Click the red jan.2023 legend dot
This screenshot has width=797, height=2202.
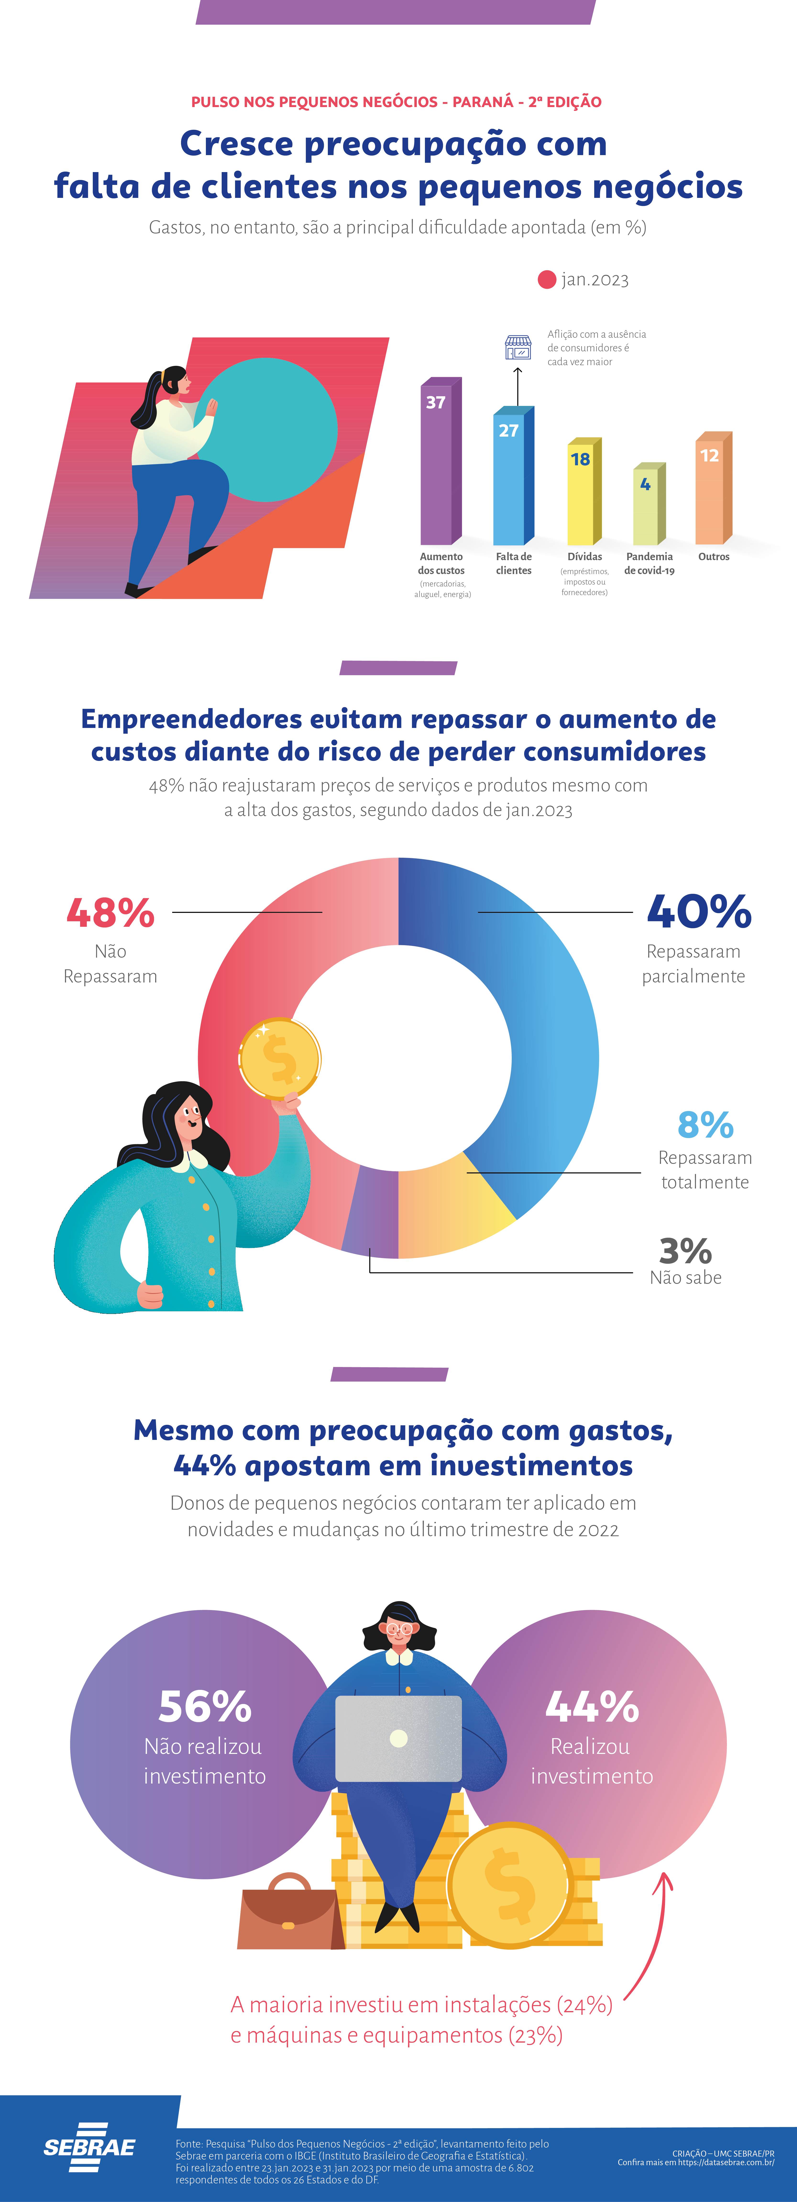[546, 280]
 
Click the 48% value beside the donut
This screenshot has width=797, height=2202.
[110, 913]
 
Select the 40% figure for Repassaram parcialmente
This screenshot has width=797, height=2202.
[699, 911]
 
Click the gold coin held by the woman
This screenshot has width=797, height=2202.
[280, 1058]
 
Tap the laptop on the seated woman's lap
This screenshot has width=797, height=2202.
[398, 1738]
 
